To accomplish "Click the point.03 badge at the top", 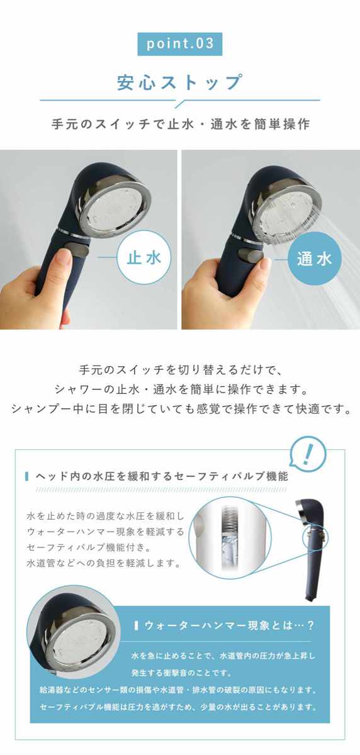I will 179,44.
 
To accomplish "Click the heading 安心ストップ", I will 179,82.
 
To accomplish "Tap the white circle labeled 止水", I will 144,259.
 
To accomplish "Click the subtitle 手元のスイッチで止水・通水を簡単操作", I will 180,124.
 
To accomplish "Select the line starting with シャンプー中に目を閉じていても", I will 180,409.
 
